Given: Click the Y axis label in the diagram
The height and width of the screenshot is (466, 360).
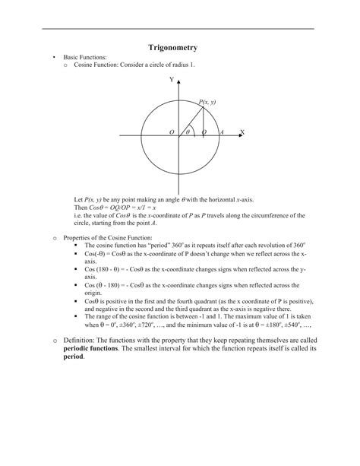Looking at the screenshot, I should coord(172,79).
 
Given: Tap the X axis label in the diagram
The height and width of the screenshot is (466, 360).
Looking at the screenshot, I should coord(242,132).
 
